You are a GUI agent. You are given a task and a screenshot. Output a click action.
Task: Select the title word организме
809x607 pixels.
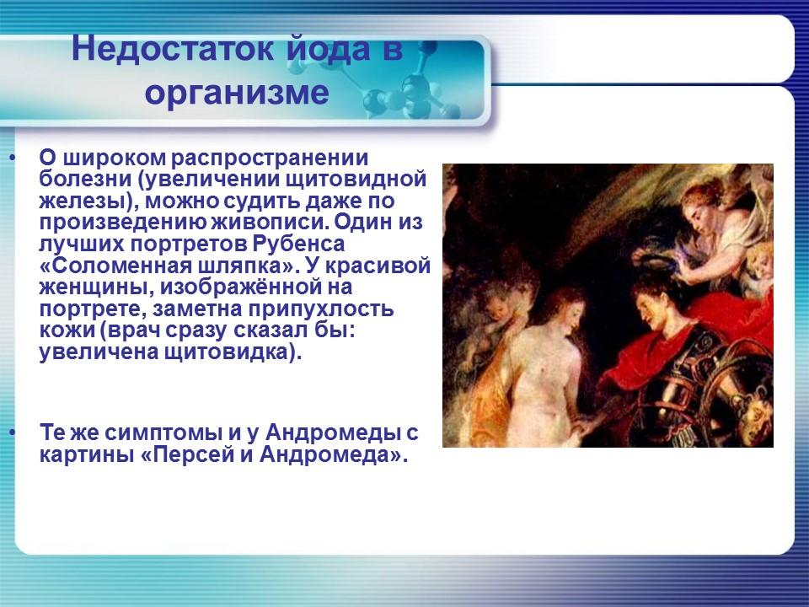pos(236,91)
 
